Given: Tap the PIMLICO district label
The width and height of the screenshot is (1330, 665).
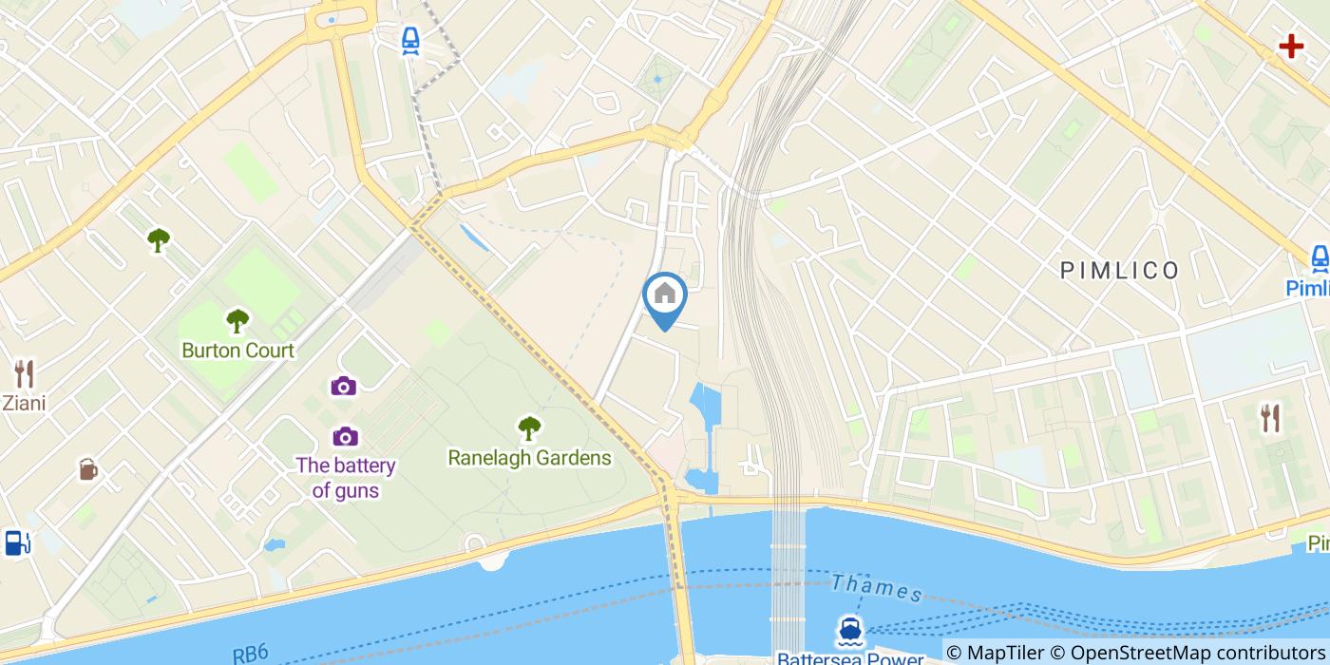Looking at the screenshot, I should coord(1120,271).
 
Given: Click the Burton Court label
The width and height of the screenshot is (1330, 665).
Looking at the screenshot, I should coord(237,350).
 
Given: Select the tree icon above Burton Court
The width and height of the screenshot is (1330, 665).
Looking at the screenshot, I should coord(237,320).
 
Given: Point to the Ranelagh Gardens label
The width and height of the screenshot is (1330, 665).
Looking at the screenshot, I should coord(529,458).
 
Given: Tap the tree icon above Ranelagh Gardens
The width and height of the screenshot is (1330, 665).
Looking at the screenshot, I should coord(529,427).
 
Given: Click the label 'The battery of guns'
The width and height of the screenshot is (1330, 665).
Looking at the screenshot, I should coord(345,478).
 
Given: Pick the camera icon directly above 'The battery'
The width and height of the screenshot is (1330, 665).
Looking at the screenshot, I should coord(344,436).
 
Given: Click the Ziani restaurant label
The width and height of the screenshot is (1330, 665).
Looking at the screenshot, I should coord(24,404).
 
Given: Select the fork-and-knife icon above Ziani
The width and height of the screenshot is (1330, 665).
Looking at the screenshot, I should coord(24,373).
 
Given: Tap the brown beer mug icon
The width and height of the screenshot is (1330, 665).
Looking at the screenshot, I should coord(87,468).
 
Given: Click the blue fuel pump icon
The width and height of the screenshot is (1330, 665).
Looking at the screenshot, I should coord(16,542).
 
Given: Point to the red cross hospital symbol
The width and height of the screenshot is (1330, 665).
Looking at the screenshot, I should coord(1290,46).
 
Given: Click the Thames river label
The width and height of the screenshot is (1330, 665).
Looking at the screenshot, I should coord(877,589).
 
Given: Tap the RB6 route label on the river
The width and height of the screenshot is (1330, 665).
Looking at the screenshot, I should coord(251,654).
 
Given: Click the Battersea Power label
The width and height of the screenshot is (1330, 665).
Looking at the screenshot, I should coord(849,657).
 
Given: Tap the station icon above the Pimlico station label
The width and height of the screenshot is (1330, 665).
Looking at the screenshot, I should coord(1320,257).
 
